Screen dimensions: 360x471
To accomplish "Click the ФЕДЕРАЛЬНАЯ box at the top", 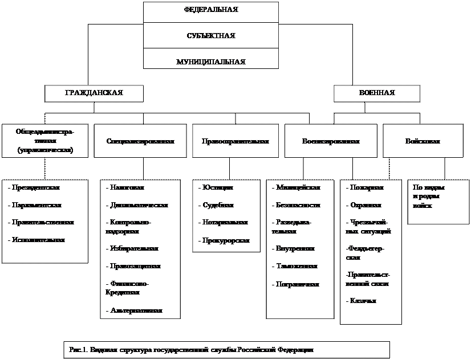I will tap(211, 11).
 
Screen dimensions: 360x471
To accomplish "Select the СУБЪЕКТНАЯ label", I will tap(211, 36).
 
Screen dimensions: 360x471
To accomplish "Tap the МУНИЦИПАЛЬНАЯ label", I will tap(211, 61).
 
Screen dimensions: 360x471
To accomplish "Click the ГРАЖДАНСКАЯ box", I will tap(94, 93).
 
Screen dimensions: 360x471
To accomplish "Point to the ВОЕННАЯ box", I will tap(377, 93).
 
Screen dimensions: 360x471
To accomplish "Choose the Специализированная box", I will tap(140, 141).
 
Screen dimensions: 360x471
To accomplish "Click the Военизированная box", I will tap(331, 141).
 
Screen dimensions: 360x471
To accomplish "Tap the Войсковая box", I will tap(423, 141).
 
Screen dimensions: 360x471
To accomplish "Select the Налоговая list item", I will tap(127, 187).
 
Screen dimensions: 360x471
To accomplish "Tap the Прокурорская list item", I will tap(226, 240).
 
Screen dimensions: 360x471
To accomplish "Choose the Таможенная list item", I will tap(297, 266).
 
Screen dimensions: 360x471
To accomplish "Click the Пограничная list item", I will tap(298, 284).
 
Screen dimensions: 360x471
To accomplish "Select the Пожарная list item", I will tap(366, 187).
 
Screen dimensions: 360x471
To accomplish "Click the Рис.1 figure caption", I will tap(192, 349).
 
